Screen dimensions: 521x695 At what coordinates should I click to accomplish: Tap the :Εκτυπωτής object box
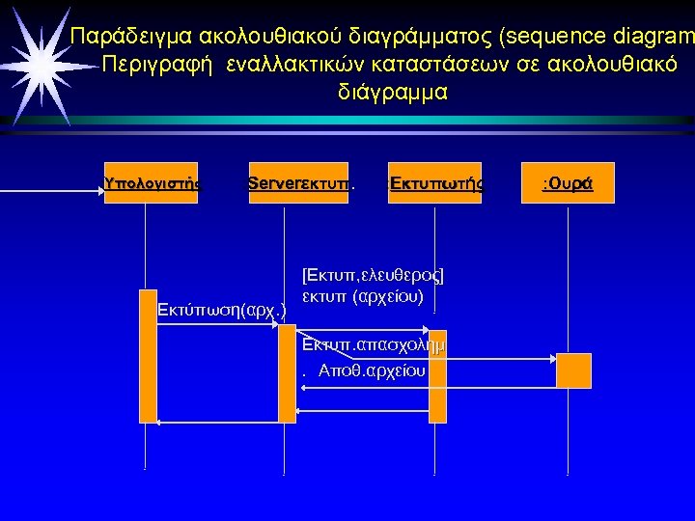tap(434, 182)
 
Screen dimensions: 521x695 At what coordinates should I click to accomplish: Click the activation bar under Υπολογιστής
tap(148, 355)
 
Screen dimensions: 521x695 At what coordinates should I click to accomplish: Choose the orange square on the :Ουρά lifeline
tap(573, 370)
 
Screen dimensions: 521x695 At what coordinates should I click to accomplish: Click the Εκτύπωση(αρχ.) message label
tap(222, 312)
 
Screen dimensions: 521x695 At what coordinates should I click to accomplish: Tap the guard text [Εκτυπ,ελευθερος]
tap(372, 275)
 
